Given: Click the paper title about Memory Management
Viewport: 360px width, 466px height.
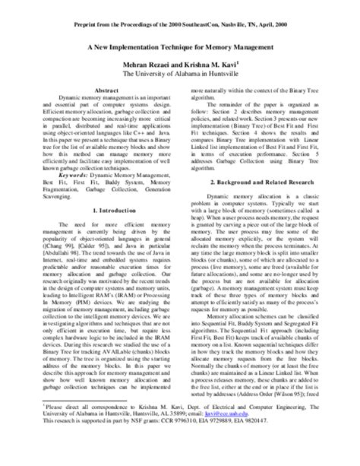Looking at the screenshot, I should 180,47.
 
